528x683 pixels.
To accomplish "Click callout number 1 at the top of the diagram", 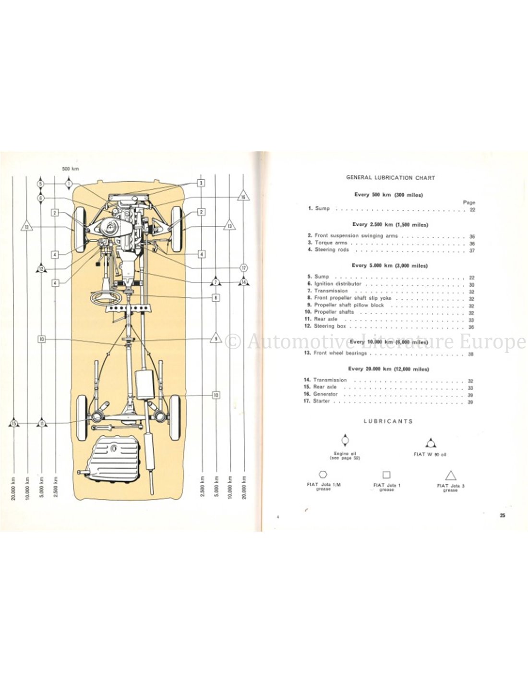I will pos(69,183).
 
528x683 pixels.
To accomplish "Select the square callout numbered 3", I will pos(201,183).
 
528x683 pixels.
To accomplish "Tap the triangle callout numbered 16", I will pos(243,197).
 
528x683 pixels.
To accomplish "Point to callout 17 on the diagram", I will pos(243,268).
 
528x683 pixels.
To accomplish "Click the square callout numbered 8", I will pos(216,298).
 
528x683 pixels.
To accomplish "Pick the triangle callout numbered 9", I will pos(216,339).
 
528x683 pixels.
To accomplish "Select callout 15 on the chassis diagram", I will pos(13,423).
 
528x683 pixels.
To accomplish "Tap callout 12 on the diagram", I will pos(41,269).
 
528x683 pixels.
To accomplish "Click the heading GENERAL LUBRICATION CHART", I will pos(390,178).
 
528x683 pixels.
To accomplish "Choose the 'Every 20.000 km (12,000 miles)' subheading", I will pos(388,369).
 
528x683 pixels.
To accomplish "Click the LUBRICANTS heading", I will pos(388,421).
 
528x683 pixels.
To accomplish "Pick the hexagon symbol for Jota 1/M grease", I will pos(324,475).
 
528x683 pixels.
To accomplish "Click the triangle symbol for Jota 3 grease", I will pos(450,476).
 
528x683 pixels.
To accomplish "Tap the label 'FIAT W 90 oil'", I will pos(430,454).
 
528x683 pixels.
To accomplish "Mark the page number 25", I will pos(502,515).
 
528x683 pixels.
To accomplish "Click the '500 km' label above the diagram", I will pos(70,169).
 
